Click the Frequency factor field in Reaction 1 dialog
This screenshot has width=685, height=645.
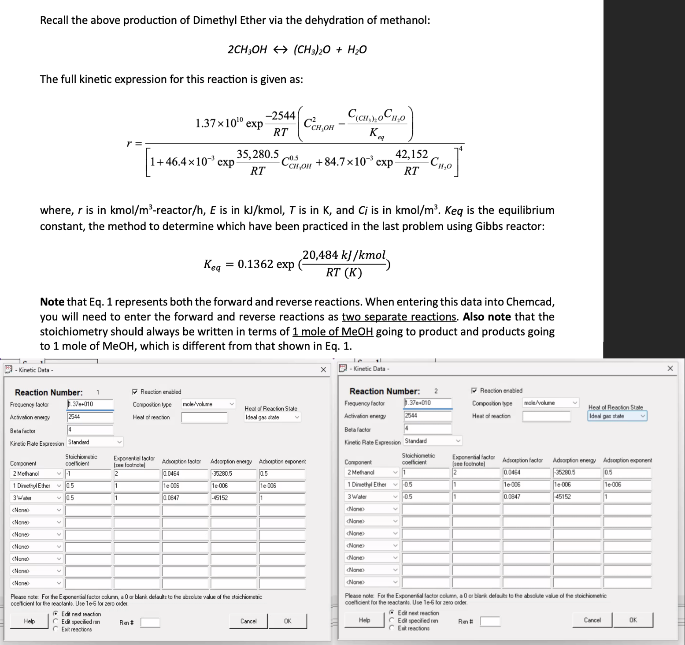(90, 404)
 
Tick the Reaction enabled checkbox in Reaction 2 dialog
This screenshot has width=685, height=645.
(474, 391)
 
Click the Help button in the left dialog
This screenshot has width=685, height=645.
(30, 621)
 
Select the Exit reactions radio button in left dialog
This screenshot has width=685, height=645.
(56, 629)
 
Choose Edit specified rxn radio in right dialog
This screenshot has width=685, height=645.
(392, 620)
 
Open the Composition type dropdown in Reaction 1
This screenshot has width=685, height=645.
(208, 404)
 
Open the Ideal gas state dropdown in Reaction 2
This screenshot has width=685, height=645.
(617, 416)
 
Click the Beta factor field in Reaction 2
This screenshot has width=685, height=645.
(427, 429)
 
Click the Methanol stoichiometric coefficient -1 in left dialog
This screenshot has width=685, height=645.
(88, 473)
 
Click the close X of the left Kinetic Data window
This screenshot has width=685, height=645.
(323, 369)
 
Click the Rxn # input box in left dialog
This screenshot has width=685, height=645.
(150, 623)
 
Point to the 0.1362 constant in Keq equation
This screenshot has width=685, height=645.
(255, 264)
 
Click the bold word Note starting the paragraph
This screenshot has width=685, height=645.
(52, 302)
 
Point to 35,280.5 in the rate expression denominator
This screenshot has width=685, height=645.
(258, 154)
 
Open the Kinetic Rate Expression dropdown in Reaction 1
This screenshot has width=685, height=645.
(95, 442)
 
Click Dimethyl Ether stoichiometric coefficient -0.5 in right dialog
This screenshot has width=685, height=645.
(426, 485)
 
